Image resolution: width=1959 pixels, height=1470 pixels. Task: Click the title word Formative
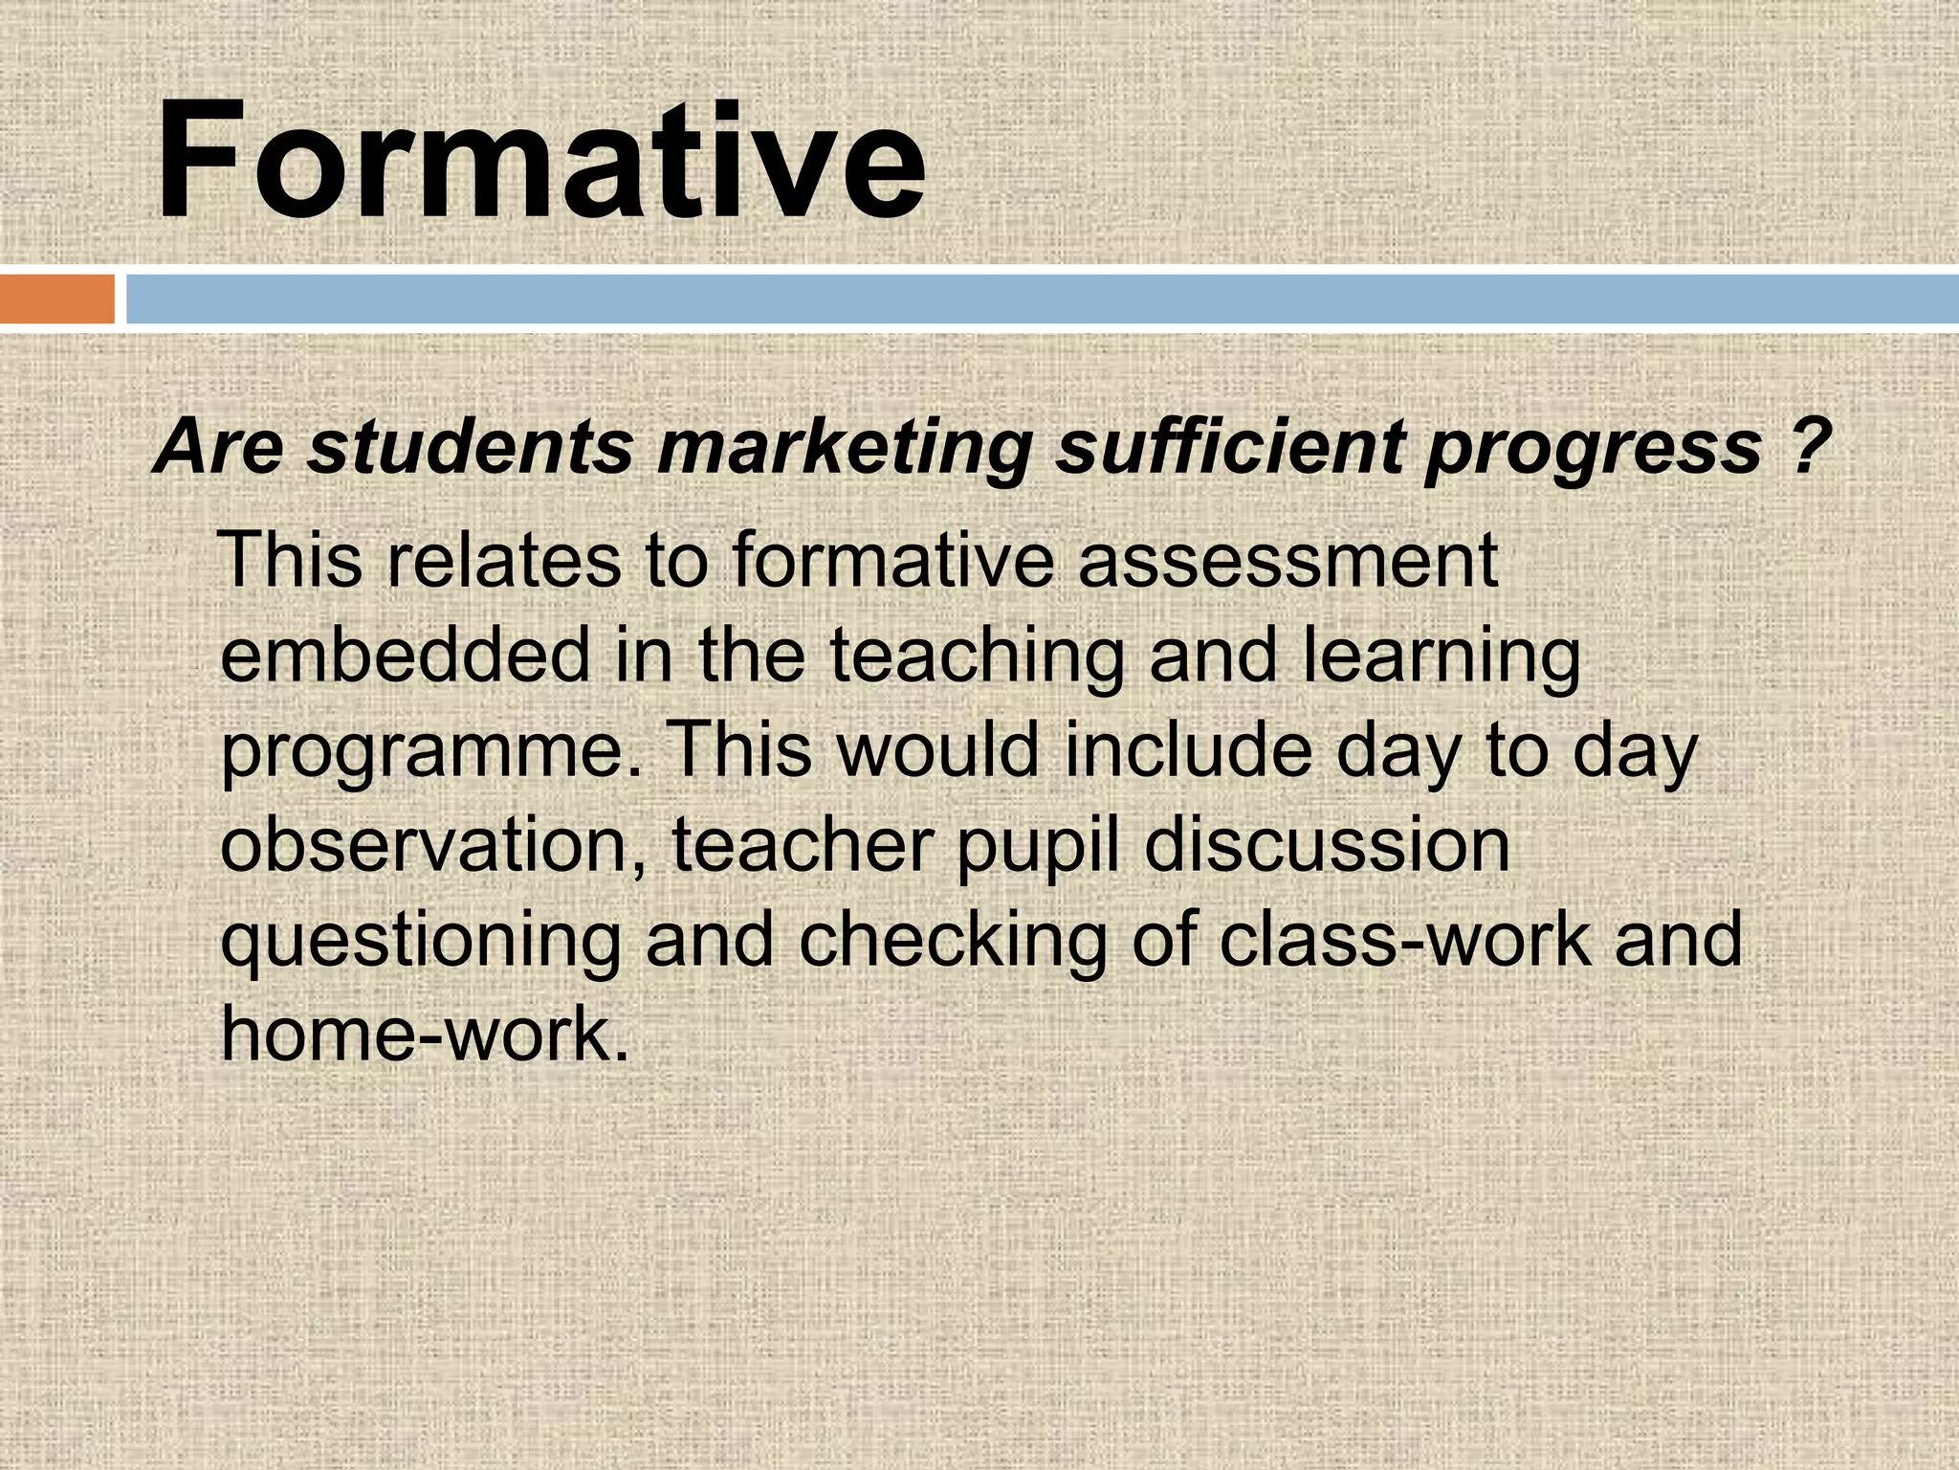coord(540,161)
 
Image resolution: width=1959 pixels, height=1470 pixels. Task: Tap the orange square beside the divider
coord(56,299)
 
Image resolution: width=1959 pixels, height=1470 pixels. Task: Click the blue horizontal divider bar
coord(1042,299)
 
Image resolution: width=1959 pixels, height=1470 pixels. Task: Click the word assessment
coord(1288,562)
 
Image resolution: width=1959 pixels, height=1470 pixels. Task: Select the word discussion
coord(1327,846)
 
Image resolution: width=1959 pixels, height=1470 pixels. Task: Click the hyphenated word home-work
coord(425,1034)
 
